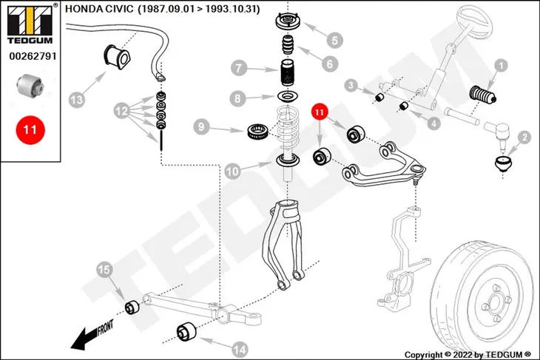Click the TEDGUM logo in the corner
point(30,24)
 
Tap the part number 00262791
point(33,56)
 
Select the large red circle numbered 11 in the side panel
point(30,130)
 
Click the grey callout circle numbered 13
point(76,100)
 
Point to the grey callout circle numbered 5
point(334,40)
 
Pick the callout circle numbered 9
point(201,126)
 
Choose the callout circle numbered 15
point(104,270)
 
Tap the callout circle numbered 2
point(524,138)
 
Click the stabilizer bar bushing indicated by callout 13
point(118,56)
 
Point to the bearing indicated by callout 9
point(258,131)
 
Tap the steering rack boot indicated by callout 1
point(483,94)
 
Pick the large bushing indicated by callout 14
point(186,331)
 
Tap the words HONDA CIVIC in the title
point(99,9)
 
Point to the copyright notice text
point(468,355)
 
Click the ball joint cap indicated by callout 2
point(503,163)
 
